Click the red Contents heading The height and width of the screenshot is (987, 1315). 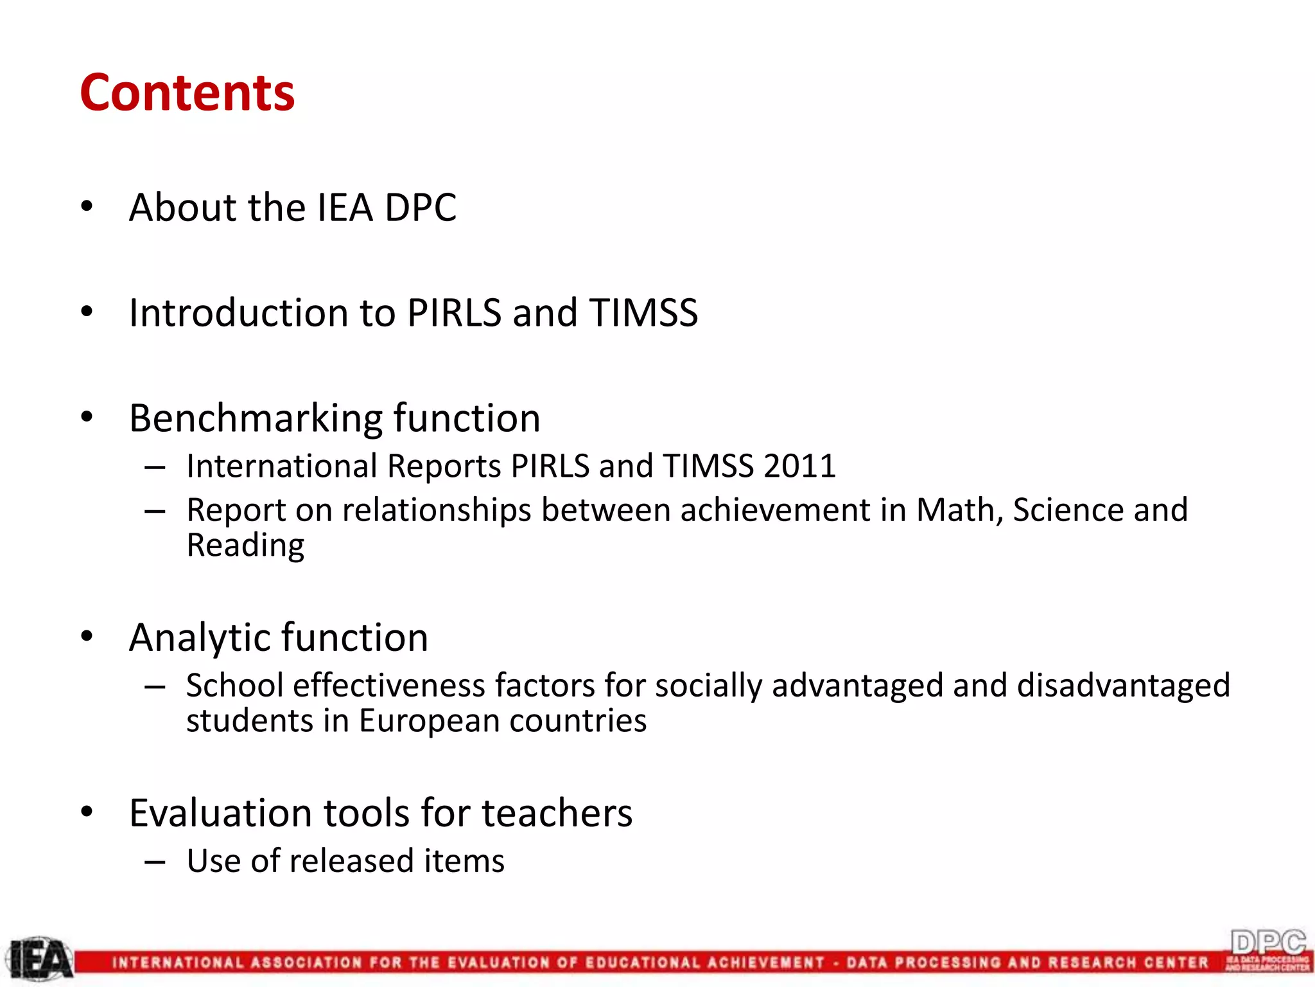coord(187,93)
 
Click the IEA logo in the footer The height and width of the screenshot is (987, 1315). coord(40,960)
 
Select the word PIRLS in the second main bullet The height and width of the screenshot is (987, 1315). coord(454,313)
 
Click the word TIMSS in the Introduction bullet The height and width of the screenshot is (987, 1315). coord(643,313)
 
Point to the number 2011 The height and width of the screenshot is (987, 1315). coord(800,466)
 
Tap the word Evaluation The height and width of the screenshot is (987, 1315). coord(220,813)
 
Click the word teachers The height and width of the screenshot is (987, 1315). coord(557,813)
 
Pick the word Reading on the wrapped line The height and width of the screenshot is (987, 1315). coord(245,546)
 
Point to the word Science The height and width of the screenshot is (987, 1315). coord(1068,510)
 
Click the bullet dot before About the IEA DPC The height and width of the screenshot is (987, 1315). coord(87,206)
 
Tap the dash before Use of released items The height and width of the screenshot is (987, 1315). coord(155,861)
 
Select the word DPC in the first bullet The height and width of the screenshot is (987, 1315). coord(420,208)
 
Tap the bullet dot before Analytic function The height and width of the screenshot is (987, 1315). coord(87,636)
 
